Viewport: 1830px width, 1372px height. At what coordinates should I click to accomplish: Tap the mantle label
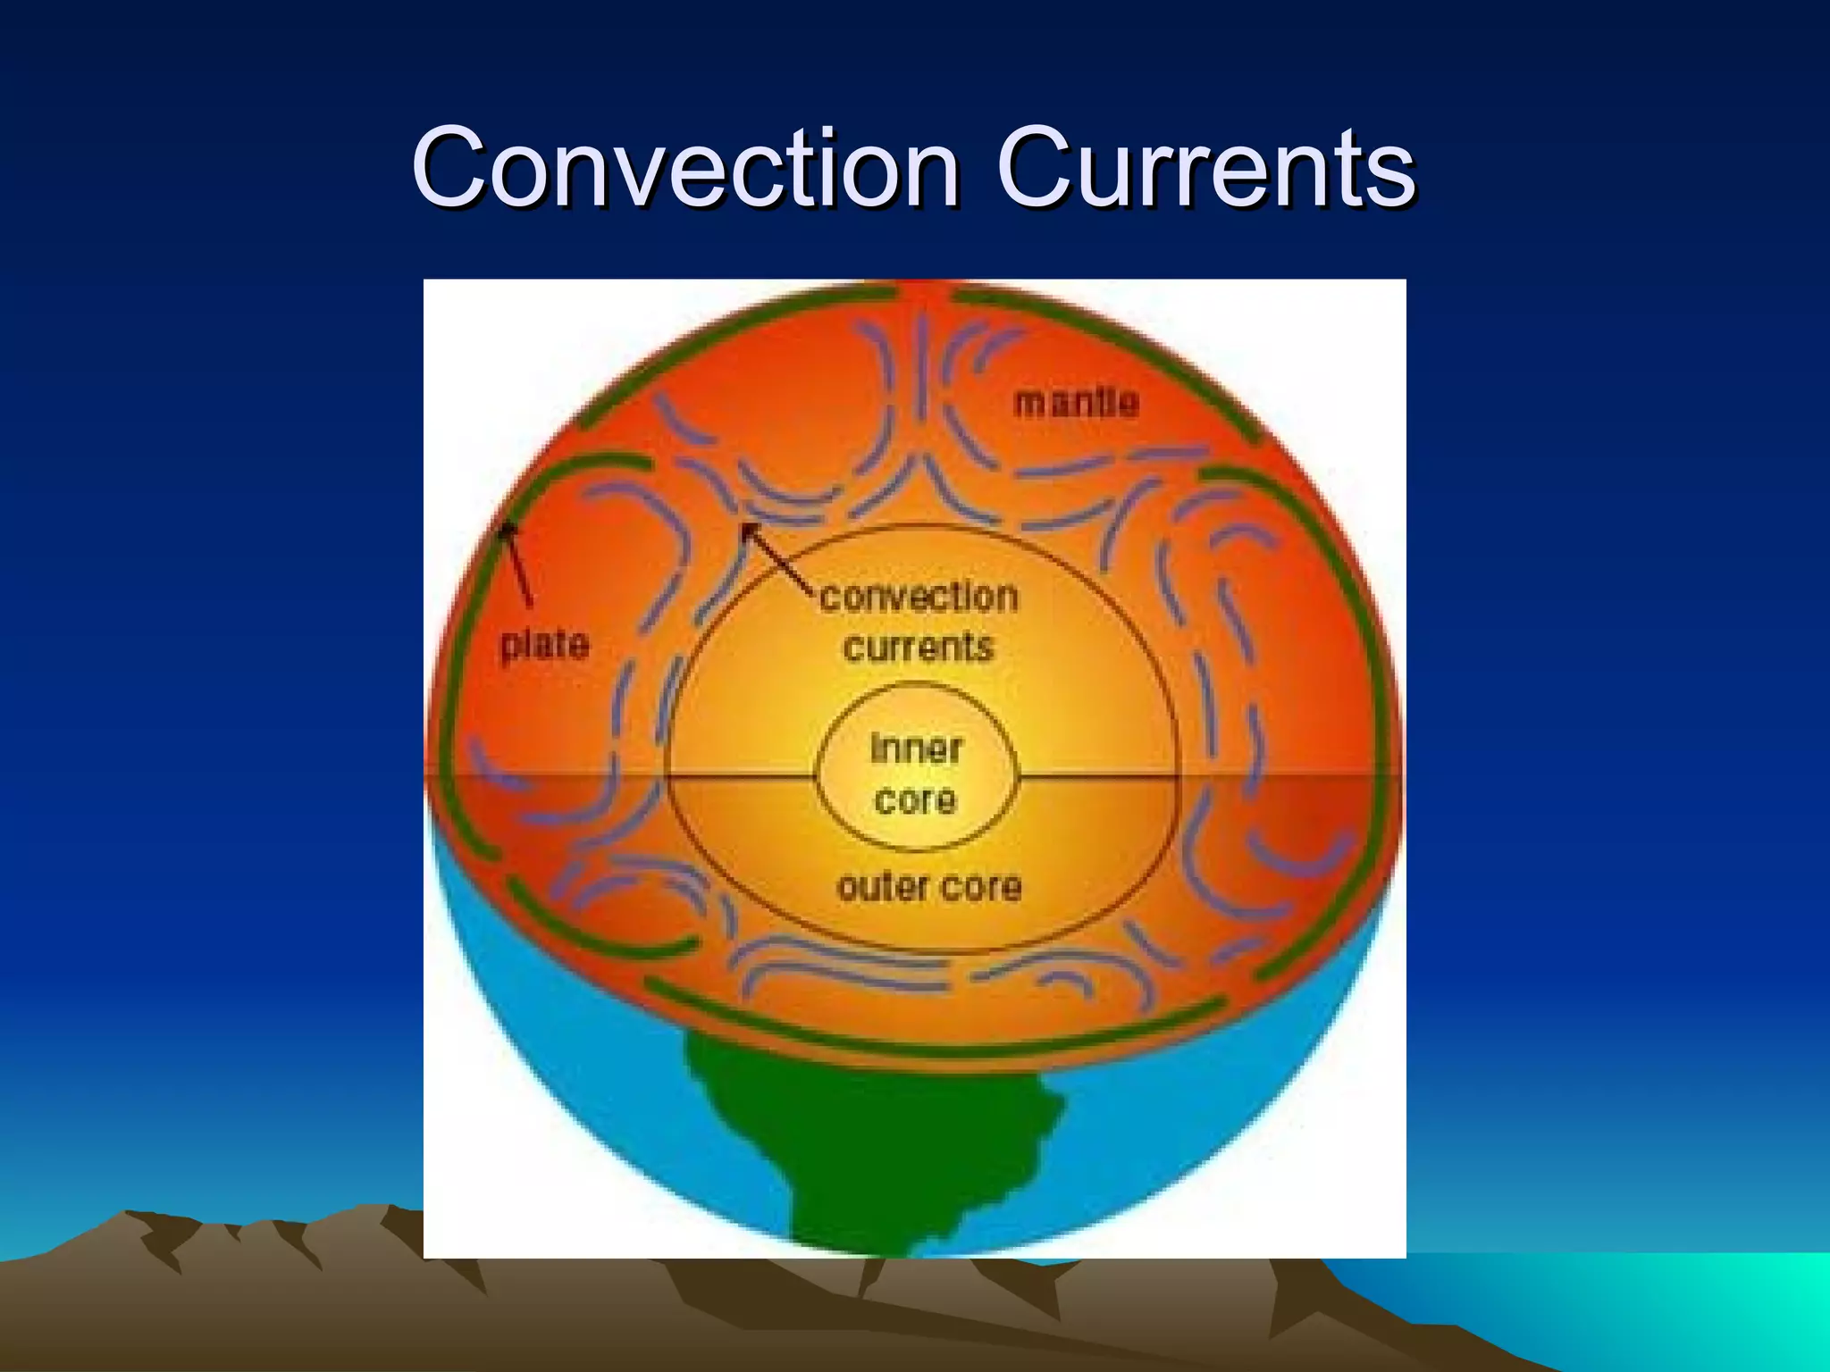(1077, 402)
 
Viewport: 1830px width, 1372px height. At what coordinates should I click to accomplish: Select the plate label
(545, 644)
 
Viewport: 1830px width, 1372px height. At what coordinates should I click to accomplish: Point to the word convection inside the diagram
(919, 597)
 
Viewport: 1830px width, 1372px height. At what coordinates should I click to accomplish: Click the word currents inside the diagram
(919, 647)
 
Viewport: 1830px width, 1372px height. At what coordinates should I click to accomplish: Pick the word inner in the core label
(917, 749)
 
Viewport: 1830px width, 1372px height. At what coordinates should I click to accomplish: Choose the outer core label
(929, 886)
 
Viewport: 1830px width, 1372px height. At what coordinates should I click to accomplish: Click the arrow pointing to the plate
(517, 563)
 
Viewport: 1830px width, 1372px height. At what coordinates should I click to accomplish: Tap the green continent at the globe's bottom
(858, 1134)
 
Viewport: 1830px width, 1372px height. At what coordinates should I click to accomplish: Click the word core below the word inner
(916, 799)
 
